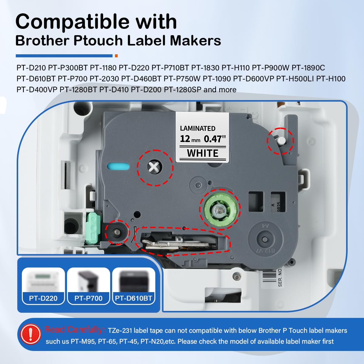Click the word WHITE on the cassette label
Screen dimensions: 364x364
(203, 153)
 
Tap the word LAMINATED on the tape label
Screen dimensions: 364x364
(197, 128)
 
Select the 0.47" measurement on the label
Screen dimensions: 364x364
(215, 139)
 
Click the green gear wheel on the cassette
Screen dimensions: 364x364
(220, 210)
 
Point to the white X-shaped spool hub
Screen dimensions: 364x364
(154, 167)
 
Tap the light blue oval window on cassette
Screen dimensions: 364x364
(118, 167)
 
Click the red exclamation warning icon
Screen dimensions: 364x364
(31, 334)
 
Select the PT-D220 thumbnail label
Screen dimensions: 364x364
(43, 298)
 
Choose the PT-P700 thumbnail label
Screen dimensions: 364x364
(88, 298)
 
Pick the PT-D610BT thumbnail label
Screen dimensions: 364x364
(133, 298)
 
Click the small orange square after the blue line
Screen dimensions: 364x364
(116, 56)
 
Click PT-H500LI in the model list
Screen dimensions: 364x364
(295, 79)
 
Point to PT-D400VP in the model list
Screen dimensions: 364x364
(37, 89)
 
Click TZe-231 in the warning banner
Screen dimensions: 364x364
(120, 331)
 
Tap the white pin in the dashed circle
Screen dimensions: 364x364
(281, 141)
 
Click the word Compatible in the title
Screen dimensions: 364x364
(72, 22)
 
